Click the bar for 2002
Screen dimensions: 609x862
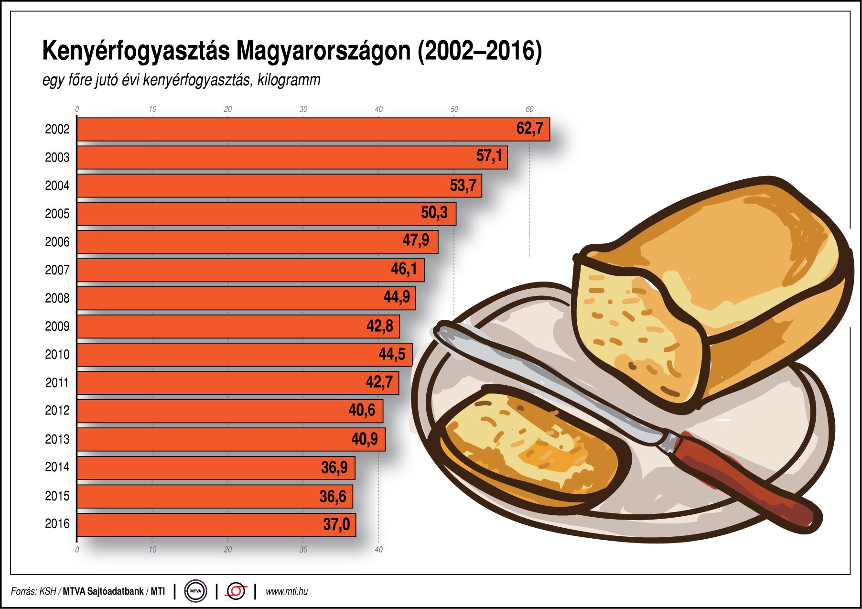pos(287,130)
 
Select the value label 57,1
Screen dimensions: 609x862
pos(489,156)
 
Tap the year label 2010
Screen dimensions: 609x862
pos(57,355)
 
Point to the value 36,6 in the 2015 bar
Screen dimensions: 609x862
pos(333,497)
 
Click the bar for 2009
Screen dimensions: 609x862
pos(215,327)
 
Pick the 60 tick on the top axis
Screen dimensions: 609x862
pos(529,109)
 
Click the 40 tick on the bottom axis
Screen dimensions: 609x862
pos(378,550)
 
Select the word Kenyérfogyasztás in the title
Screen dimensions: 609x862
pos(136,51)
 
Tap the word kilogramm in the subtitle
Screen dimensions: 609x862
pos(289,80)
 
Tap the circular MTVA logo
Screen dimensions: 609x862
pos(195,591)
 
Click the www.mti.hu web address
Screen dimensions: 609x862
pos(286,592)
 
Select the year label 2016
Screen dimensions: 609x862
pos(57,524)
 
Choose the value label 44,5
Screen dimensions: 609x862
pos(392,354)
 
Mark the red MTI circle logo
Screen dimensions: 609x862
pos(236,591)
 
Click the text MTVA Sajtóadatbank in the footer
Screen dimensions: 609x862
pos(103,592)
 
